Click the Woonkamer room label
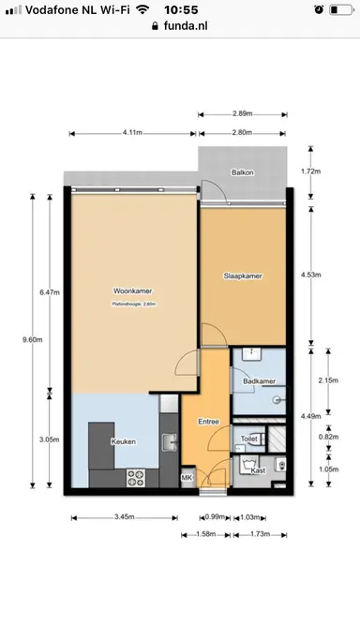coord(128,290)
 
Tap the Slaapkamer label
coord(242,276)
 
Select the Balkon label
coord(242,172)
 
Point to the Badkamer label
coord(258,382)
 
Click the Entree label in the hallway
coord(208,422)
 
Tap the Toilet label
coord(248,439)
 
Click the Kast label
coord(258,470)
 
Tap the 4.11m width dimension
coord(132,133)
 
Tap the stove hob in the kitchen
coord(137,477)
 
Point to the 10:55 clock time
coord(179,8)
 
